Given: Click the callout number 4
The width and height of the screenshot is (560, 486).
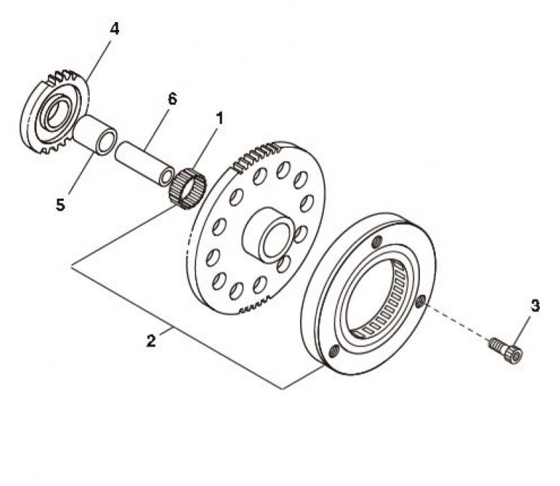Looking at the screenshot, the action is click(114, 29).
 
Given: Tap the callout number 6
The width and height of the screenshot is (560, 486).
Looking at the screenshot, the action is click(172, 99).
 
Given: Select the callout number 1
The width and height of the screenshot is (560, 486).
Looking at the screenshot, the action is click(219, 118).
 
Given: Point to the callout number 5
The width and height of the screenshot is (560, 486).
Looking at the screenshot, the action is click(60, 205).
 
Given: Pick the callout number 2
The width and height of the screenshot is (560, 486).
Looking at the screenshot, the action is click(151, 341).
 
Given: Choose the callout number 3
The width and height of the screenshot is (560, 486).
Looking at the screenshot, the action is click(535, 306).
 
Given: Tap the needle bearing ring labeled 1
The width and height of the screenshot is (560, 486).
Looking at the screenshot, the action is click(187, 188).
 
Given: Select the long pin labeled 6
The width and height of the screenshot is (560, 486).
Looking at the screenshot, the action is click(144, 162).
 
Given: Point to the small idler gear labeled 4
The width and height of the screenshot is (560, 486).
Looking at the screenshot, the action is click(55, 112).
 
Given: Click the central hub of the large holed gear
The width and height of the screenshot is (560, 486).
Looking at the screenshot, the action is click(267, 235).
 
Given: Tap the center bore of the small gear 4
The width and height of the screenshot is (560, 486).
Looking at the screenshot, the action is click(57, 113).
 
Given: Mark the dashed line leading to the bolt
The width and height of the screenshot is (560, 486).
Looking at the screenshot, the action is click(457, 322).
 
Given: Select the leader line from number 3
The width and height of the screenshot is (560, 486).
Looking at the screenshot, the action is click(523, 330).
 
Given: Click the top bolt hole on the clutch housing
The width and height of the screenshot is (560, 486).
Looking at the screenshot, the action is click(375, 243).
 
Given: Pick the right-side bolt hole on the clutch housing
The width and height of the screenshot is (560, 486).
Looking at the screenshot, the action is click(420, 302).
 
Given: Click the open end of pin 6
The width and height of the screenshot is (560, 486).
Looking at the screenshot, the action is click(166, 177).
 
